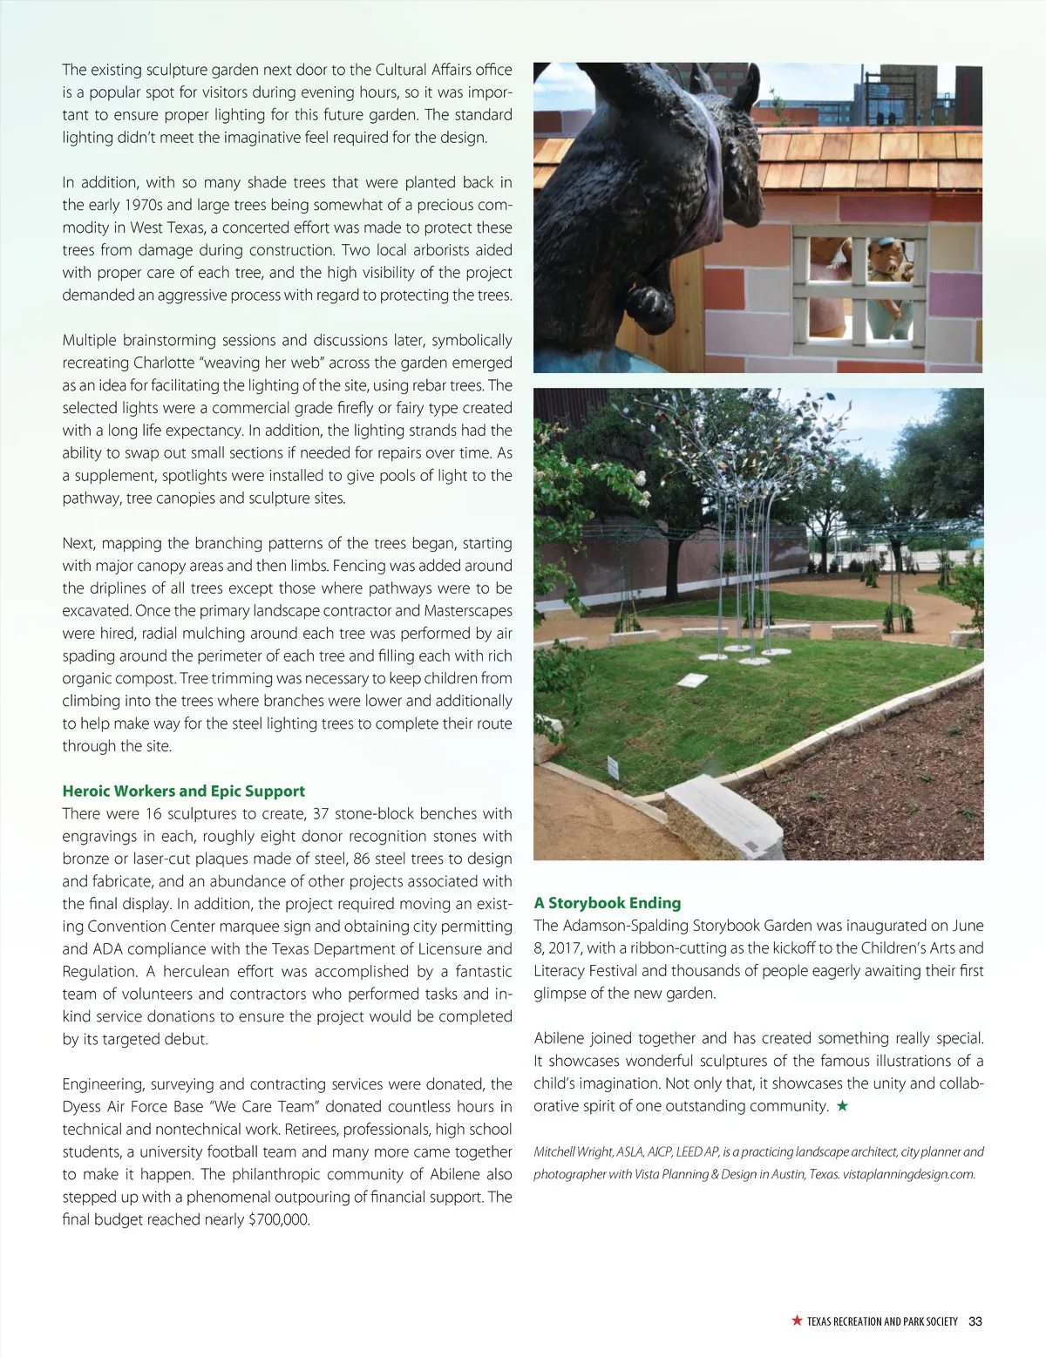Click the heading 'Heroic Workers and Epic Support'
[x=183, y=791]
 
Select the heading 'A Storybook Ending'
[x=607, y=903]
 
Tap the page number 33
[x=975, y=1321]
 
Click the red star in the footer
[x=797, y=1321]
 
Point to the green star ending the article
[x=842, y=1106]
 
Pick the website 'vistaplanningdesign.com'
[x=908, y=1174]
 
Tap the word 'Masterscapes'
[x=468, y=611]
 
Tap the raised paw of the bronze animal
[x=649, y=304]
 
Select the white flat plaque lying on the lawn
[x=692, y=680]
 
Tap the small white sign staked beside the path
[x=613, y=768]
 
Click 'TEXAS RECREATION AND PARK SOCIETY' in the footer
[x=881, y=1321]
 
